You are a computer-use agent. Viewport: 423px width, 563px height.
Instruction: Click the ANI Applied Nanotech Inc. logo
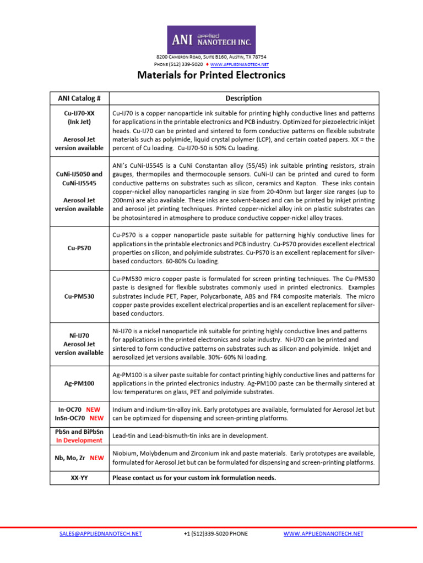(x=211, y=39)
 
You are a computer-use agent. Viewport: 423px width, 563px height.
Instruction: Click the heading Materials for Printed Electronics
(x=211, y=75)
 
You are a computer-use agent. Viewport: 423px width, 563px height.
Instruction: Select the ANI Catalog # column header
(x=79, y=98)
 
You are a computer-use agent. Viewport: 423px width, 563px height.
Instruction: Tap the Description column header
(x=243, y=98)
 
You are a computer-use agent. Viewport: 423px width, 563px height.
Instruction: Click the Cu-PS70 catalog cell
(x=79, y=248)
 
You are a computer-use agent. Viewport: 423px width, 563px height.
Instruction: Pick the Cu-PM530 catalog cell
(x=79, y=296)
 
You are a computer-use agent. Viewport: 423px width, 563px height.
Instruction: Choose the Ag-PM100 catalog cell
(x=79, y=383)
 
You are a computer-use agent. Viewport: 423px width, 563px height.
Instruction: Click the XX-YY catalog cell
(x=79, y=478)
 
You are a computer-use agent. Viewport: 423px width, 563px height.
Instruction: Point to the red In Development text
(x=79, y=440)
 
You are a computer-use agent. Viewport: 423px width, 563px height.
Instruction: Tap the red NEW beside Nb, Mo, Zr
(x=97, y=458)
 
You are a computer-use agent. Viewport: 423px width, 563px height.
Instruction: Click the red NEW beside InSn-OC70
(x=97, y=418)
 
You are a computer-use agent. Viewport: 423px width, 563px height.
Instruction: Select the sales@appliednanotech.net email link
(x=100, y=534)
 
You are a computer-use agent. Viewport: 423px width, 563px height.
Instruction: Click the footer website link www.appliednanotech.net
(x=323, y=534)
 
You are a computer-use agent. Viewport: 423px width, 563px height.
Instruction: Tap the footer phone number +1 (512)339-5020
(x=215, y=534)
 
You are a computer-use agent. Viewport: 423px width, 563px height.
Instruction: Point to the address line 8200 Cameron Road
(x=211, y=57)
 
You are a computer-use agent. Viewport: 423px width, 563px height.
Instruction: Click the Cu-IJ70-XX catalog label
(x=79, y=113)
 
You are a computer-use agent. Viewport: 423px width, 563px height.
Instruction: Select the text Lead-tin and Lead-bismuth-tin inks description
(x=190, y=435)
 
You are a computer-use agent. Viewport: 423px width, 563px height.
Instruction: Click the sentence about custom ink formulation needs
(x=194, y=478)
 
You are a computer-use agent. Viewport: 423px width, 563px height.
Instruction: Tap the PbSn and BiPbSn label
(x=79, y=432)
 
